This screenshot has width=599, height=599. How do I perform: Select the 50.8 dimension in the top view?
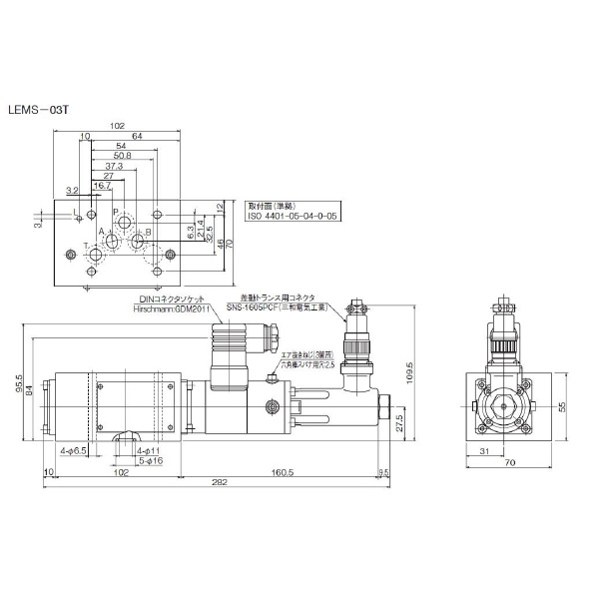[123, 157]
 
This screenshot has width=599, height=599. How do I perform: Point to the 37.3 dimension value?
[114, 166]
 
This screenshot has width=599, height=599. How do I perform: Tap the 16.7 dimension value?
[102, 185]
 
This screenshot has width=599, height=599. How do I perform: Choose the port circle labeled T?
[97, 257]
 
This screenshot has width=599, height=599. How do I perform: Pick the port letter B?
[149, 232]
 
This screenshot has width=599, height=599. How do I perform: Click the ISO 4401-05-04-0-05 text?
[293, 214]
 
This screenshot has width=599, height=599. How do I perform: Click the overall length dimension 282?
[218, 483]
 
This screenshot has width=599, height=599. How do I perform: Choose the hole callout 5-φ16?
[148, 460]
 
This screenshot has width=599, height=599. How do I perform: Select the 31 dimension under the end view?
[482, 452]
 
